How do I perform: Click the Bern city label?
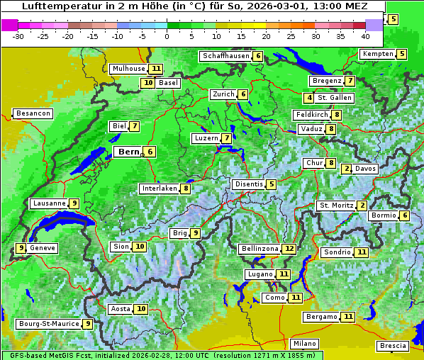click(x=128, y=152)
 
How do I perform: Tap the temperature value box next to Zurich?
click(x=242, y=94)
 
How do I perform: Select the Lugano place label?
click(x=259, y=274)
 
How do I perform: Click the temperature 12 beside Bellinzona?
click(x=289, y=249)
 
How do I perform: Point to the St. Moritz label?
click(x=336, y=206)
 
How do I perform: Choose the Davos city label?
click(x=365, y=169)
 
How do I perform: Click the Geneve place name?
click(x=43, y=248)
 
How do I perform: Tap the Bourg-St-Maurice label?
click(x=49, y=324)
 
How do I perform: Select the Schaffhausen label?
click(x=225, y=56)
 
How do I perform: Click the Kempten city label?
click(x=378, y=54)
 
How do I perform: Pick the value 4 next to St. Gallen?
click(x=309, y=98)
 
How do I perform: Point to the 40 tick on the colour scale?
click(x=365, y=35)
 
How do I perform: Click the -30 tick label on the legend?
click(x=18, y=35)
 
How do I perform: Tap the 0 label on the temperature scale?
click(x=167, y=35)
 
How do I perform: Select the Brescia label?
click(x=393, y=346)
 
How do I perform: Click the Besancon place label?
click(x=33, y=113)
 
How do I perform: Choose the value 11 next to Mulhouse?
click(x=156, y=69)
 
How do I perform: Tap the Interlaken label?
click(x=159, y=189)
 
